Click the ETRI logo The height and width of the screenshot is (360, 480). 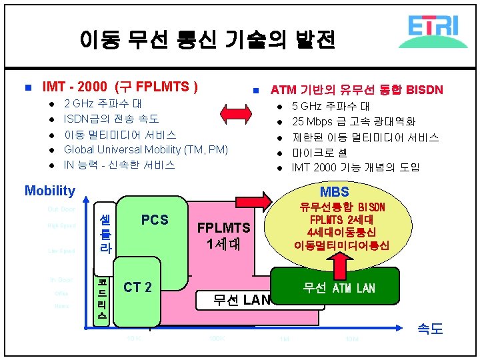coord(433,31)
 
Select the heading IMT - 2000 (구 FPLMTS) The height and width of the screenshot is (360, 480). coord(119,87)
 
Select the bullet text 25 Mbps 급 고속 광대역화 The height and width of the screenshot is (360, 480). coord(353,121)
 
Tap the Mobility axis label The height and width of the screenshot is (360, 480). coord(50,191)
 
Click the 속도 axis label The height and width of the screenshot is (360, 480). coord(429,328)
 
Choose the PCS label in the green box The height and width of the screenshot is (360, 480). coord(155,220)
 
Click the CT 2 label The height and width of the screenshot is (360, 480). coord(137,287)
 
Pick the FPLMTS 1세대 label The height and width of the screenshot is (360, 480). coord(223,235)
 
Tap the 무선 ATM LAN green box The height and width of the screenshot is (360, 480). coord(339,288)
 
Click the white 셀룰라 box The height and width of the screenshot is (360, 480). coord(105,233)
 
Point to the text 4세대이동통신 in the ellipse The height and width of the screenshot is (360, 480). coord(341,232)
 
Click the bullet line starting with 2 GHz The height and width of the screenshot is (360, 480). coord(103,104)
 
